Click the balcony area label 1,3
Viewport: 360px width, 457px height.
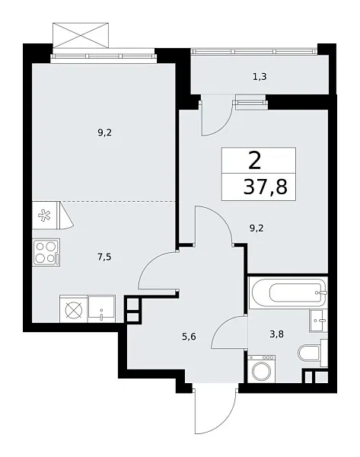260,75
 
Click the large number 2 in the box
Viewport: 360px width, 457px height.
254,159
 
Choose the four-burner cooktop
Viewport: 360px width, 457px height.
45,251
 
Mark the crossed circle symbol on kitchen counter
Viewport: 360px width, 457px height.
73,309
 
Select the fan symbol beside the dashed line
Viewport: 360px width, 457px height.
44,216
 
